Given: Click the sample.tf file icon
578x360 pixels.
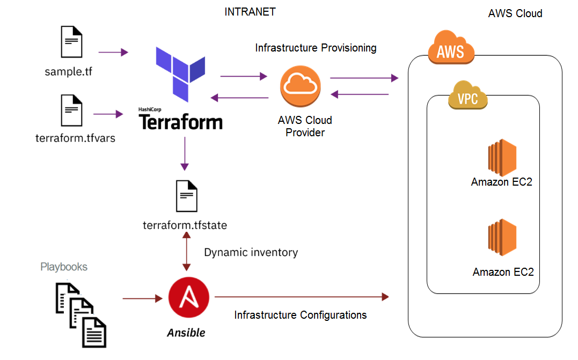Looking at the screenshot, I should click(x=72, y=43).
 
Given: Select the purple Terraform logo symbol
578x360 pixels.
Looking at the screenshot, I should click(x=180, y=74).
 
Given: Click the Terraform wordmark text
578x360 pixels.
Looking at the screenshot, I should click(x=181, y=122).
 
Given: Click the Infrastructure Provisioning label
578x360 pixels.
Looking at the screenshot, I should click(x=316, y=48).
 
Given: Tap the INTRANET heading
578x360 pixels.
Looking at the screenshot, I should click(x=250, y=12).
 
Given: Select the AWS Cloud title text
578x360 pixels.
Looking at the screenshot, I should click(x=515, y=13).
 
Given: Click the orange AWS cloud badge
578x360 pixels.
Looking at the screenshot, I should click(x=451, y=51).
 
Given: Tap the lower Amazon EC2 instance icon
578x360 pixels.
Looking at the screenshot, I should click(x=502, y=236).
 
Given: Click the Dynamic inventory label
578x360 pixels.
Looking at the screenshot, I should click(x=251, y=252).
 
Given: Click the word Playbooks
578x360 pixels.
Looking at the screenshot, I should click(x=64, y=267).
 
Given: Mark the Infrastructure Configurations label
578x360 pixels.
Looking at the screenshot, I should click(x=301, y=315).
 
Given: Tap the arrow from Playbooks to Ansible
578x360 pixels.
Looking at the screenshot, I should click(x=142, y=297).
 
